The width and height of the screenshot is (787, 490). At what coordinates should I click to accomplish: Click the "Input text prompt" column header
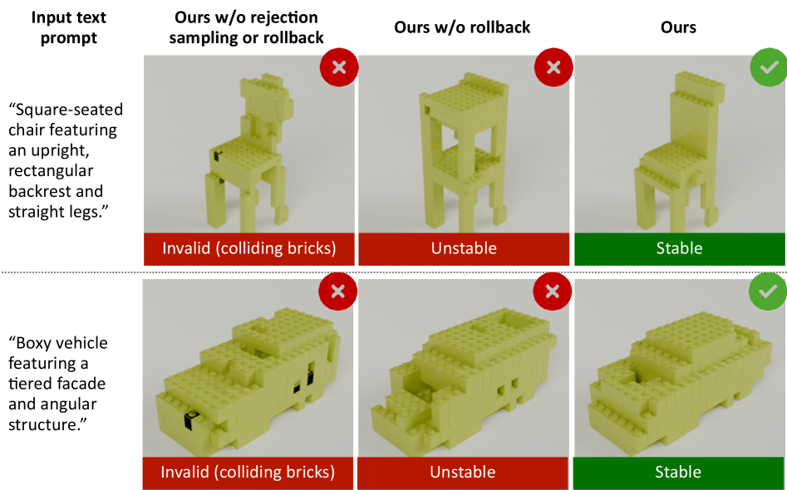pos(69,27)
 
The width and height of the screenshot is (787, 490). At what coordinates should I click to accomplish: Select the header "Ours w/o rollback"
pos(462,27)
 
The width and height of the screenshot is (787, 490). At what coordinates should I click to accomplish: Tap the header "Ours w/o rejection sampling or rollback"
pos(246,27)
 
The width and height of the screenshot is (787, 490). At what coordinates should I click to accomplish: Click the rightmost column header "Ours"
pos(678,27)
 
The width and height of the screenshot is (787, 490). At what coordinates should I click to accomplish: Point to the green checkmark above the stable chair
pos(769,67)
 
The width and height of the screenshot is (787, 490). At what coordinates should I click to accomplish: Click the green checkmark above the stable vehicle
pos(767,291)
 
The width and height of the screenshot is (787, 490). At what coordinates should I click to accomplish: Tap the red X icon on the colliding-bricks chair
pos(339,67)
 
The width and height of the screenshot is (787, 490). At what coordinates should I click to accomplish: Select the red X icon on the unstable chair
pos(553,67)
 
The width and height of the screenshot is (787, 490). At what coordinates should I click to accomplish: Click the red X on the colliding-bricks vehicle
pos(337,291)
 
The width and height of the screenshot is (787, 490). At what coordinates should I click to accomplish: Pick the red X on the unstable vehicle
pos(552,291)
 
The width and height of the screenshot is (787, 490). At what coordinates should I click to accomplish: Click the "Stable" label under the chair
pos(679,248)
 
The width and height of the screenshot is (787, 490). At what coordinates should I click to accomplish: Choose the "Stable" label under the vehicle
pos(678,472)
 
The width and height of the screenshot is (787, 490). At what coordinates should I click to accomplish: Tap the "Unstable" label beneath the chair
pos(464,248)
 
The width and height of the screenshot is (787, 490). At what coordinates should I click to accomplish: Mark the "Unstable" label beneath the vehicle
pos(463,472)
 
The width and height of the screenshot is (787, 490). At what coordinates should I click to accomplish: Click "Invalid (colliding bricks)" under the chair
pos(249,249)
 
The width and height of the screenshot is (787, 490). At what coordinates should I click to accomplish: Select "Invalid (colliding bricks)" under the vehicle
pos(248,473)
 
